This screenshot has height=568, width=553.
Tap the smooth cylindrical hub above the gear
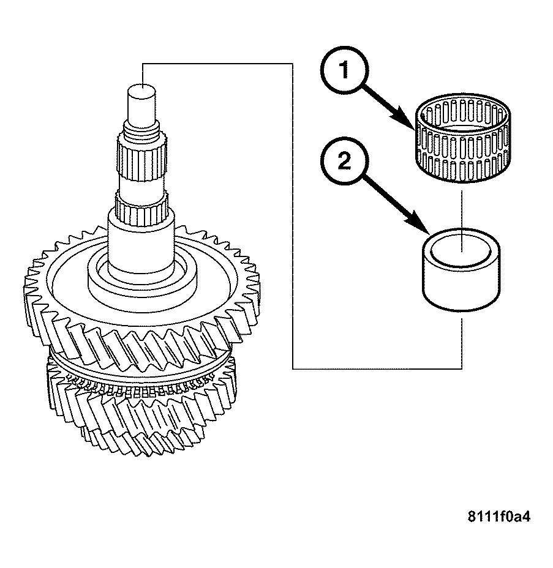141,245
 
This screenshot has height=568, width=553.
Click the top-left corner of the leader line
142,62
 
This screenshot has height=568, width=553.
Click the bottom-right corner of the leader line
461,368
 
